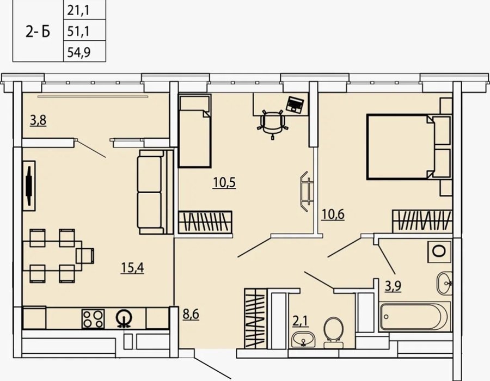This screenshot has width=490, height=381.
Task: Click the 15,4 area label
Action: tap(132, 268)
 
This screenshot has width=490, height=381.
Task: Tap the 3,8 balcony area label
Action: tap(39, 120)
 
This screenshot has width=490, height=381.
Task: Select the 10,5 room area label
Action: tap(224, 182)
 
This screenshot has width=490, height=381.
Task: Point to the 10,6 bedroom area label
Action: tap(333, 214)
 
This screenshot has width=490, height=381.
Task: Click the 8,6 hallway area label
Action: tap(191, 314)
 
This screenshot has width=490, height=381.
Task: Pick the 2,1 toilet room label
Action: tap(301, 321)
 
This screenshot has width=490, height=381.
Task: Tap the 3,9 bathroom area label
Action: tap(393, 285)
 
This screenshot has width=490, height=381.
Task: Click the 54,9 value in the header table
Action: tap(79, 52)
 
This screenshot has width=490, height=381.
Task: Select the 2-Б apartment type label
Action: tap(38, 32)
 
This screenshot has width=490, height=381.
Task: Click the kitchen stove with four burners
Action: tap(93, 319)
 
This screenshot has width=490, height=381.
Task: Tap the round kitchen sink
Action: tap(124, 318)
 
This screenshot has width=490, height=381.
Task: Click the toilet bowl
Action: tap(333, 333)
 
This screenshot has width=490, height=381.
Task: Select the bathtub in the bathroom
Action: tap(415, 316)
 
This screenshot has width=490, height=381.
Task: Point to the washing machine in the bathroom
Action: tap(439, 251)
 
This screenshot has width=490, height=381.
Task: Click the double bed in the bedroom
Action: tap(401, 147)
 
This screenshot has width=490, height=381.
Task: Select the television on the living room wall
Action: tap(29, 186)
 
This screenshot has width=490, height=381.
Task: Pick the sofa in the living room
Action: tap(155, 192)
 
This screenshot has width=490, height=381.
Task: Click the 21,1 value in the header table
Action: tap(78, 10)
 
